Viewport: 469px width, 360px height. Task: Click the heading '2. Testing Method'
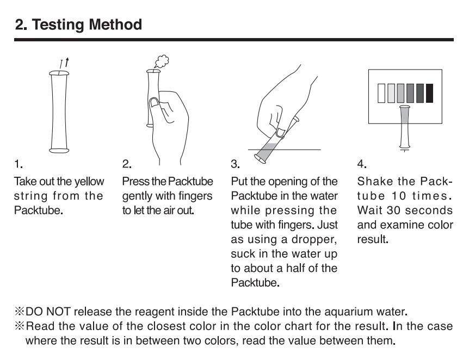pos(78,24)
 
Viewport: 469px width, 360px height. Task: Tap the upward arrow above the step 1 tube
pos(67,63)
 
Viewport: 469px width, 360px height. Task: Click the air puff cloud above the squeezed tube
pos(162,61)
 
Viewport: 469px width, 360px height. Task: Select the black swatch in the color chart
pos(429,94)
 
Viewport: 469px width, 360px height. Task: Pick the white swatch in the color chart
pos(381,94)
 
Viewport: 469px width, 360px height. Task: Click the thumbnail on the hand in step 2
pos(155,103)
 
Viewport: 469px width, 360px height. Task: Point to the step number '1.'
pos(18,164)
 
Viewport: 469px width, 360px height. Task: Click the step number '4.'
pos(362,164)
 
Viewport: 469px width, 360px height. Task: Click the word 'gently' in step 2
pos(136,196)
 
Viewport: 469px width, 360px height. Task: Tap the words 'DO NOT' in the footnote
pos(48,312)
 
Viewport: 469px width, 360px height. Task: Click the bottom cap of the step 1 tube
pos(59,151)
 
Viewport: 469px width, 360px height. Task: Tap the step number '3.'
pos(235,164)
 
